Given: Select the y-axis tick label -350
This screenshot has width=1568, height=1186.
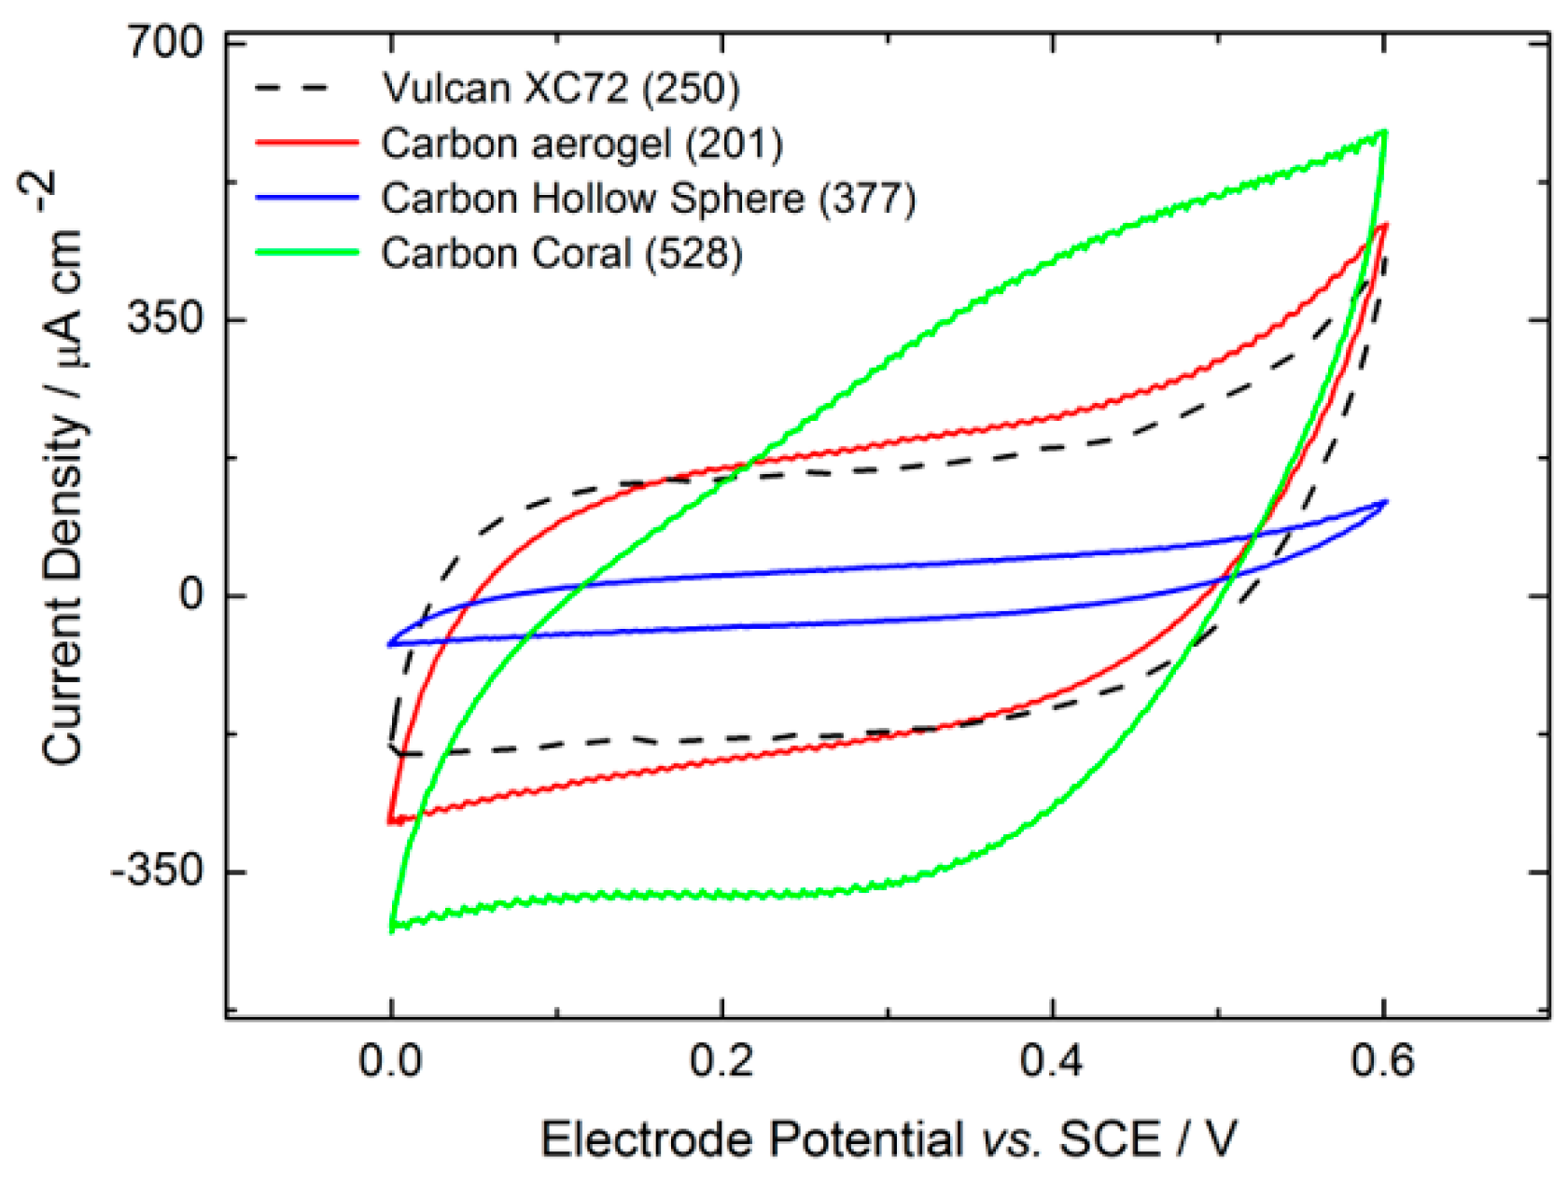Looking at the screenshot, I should click(x=156, y=871).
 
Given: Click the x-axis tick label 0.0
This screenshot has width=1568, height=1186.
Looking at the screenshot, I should click(x=391, y=1061).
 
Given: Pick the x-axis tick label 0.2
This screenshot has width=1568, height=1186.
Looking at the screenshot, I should click(x=721, y=1061).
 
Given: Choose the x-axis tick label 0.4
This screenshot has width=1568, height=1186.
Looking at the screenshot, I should click(x=1052, y=1061).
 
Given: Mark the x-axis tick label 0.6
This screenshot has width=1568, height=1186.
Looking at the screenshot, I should click(x=1382, y=1061).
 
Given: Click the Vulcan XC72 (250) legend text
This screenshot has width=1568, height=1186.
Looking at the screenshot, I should click(x=560, y=88).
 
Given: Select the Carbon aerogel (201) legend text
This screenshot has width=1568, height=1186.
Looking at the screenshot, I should click(x=581, y=144).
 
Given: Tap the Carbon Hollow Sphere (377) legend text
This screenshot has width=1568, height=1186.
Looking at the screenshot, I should click(x=648, y=199).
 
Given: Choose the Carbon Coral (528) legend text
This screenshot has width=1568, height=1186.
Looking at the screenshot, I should click(x=561, y=254).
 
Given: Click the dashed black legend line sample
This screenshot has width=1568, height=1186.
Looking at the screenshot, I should click(x=306, y=88).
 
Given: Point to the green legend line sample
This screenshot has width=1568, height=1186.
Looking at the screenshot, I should click(x=306, y=253).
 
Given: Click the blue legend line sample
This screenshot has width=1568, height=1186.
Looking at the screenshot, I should click(x=306, y=198).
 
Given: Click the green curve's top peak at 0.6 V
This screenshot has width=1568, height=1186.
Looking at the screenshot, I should click(x=1385, y=133).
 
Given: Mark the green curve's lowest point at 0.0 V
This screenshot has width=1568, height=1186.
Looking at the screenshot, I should click(x=392, y=929).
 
